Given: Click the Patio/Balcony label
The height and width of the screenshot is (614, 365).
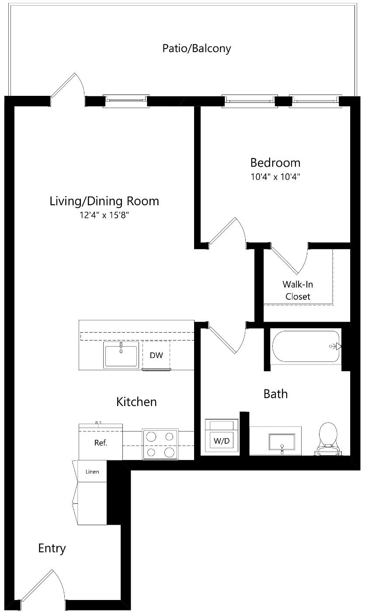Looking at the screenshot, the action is [197, 49].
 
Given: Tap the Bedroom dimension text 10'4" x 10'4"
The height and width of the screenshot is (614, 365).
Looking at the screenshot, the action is [275, 177].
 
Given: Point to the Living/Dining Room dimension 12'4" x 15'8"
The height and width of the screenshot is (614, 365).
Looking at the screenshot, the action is [104, 215].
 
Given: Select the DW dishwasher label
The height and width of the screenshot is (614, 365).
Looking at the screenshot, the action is [156, 355].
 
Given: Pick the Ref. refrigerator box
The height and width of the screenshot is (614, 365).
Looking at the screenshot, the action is [101, 442].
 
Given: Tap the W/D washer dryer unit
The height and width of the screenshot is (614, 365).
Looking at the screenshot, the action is [222, 436].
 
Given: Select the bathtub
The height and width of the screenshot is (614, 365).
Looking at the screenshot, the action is [306, 347].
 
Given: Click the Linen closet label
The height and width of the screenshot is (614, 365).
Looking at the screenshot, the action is [92, 472].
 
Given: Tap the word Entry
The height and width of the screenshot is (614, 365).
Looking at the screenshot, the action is [52, 548].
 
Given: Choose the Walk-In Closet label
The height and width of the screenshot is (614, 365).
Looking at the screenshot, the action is [298, 290].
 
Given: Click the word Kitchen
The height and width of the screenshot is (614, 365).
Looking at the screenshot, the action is [136, 402].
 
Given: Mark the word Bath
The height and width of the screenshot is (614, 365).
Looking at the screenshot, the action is [275, 394].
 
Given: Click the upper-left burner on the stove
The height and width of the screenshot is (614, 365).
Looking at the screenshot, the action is [151, 437].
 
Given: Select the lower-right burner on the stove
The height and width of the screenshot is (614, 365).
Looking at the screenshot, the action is [169, 452].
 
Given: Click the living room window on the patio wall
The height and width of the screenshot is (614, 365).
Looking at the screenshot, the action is [126, 101].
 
